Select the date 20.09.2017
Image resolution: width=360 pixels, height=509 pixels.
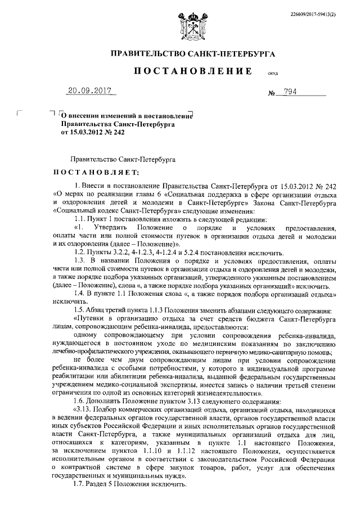click(x=88, y=91)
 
